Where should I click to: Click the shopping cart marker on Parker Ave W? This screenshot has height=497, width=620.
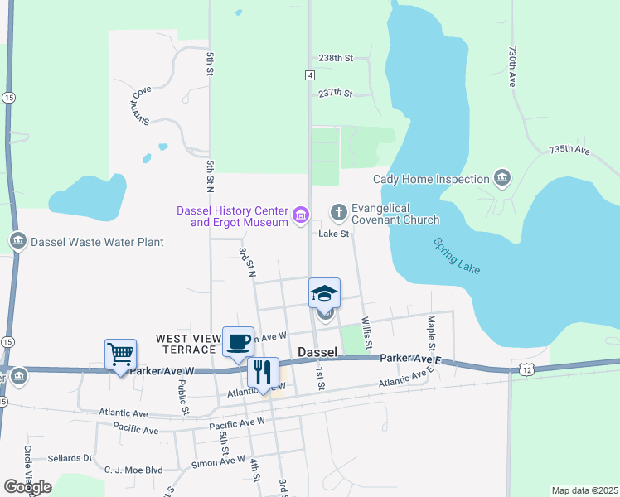point(120,355)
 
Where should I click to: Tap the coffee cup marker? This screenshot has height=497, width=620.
point(238,341)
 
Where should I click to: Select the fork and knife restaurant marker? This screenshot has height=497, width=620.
point(263,372)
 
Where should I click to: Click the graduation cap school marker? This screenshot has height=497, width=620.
point(325,293)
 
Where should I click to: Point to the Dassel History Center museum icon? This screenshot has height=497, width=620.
point(300,217)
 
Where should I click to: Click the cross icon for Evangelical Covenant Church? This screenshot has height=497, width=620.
point(338,213)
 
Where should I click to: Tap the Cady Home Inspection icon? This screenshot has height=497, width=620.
point(501,179)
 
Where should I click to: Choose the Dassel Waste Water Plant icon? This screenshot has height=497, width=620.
point(18,242)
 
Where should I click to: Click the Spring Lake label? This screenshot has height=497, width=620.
point(457,257)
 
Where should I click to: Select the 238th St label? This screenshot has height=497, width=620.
point(336,58)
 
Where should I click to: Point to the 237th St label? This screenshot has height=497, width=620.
point(336,93)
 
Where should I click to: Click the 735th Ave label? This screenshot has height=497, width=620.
point(569,150)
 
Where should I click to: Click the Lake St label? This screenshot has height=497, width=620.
point(334,234)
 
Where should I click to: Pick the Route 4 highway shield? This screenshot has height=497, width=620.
point(309,75)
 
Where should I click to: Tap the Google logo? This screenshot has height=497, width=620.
point(27,487)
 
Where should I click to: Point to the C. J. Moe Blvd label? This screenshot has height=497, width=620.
point(133,470)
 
